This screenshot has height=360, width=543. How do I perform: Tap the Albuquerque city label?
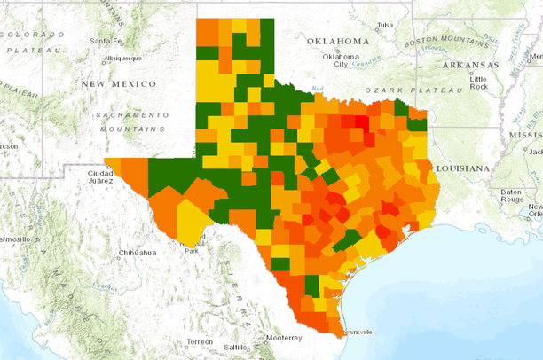point(122,59)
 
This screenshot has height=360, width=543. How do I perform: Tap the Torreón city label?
point(200,341)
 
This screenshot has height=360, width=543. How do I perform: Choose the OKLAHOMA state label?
point(338,42)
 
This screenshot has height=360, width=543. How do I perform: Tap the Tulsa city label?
point(384,25)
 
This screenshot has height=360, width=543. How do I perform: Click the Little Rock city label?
point(479,82)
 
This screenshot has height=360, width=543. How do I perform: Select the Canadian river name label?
point(360,63)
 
